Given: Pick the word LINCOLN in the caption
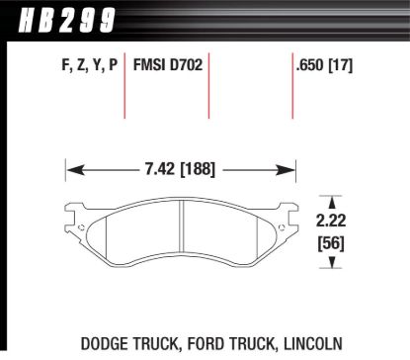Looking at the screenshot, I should click(x=312, y=343).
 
